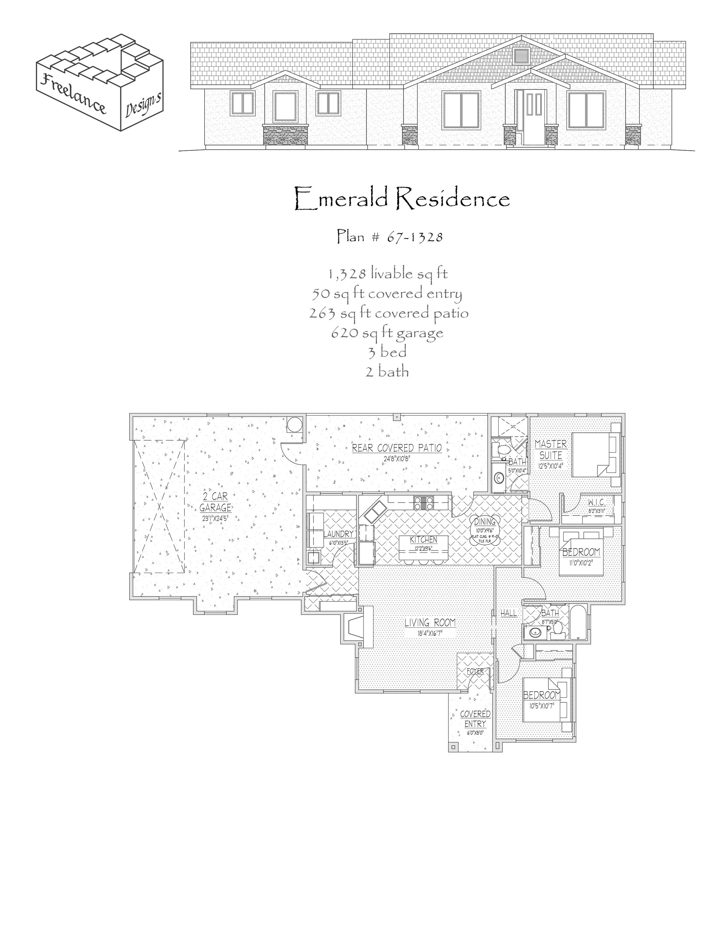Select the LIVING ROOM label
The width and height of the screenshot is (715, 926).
pos(430,622)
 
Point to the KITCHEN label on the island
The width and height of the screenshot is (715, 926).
pos(423,540)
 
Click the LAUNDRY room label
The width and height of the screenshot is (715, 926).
pos(340,534)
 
